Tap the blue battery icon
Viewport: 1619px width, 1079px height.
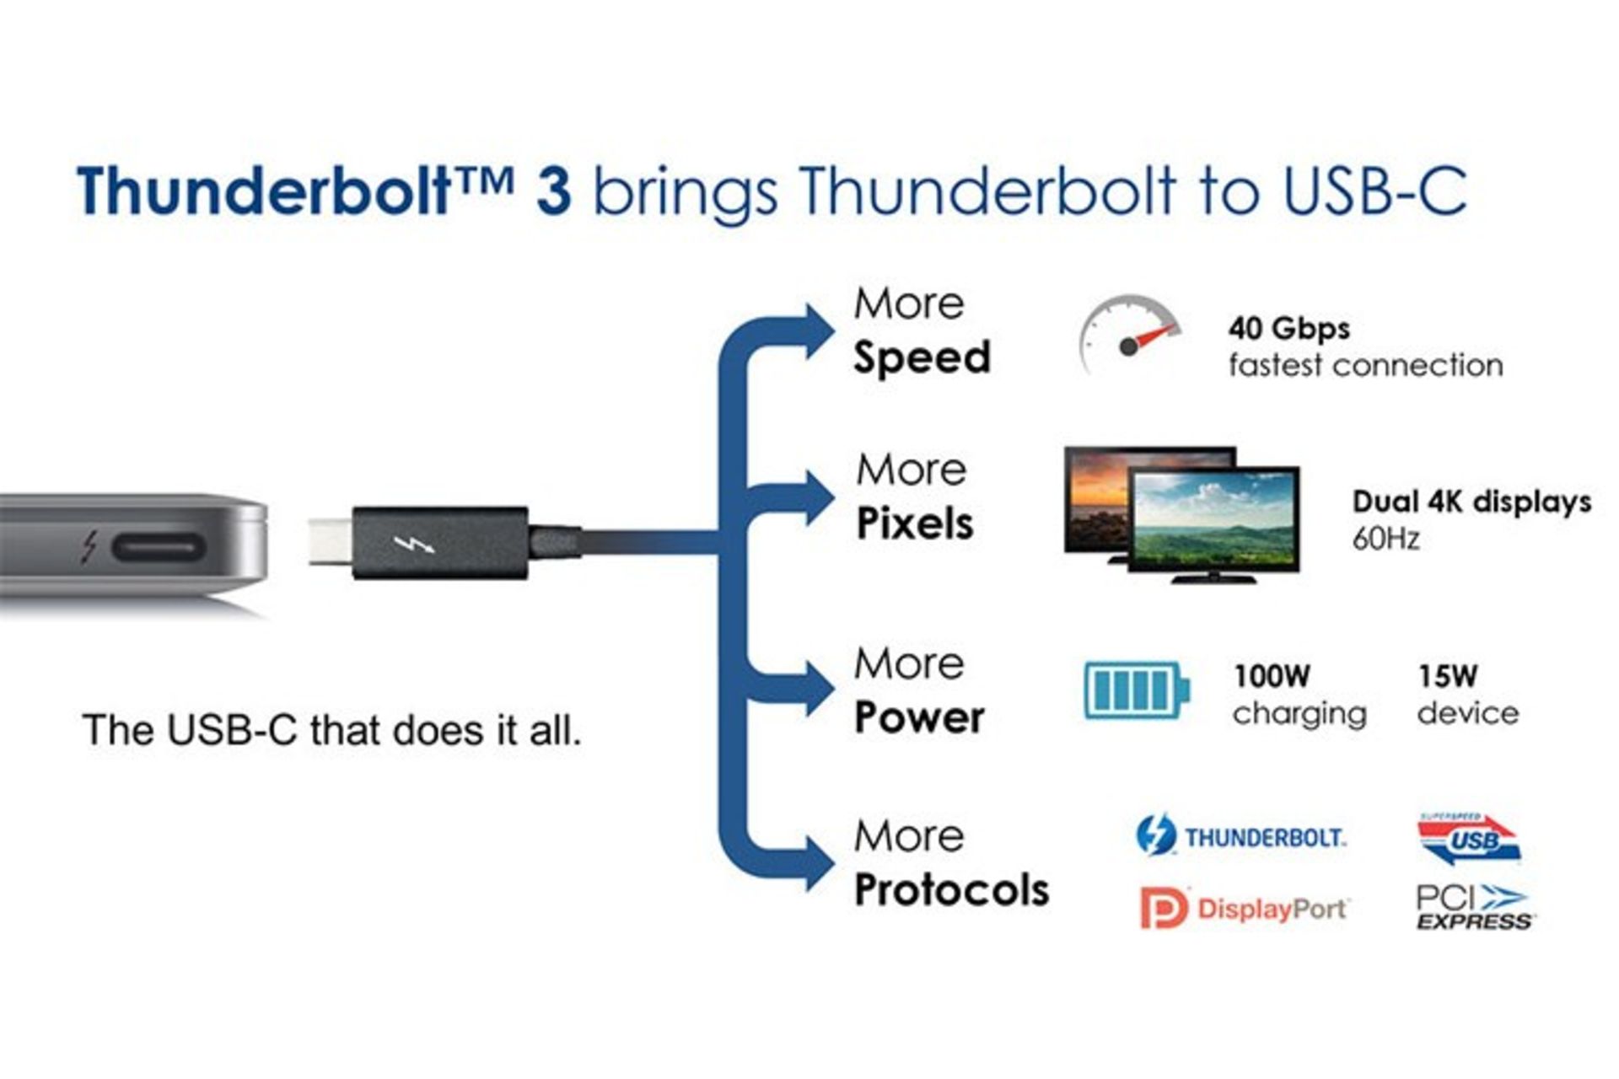[x=1137, y=690]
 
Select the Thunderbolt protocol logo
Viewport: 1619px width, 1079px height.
[x=1240, y=835]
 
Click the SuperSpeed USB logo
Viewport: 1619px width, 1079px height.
[x=1469, y=839]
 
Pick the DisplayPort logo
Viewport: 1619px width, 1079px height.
[x=1244, y=908]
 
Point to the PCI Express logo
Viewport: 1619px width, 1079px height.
[x=1474, y=907]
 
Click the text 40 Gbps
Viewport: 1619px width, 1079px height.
[x=1288, y=328]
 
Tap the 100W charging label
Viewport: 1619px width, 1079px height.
[x=1299, y=695]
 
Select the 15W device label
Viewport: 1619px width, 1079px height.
[x=1467, y=695]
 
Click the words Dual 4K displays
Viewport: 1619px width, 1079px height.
[x=1471, y=502]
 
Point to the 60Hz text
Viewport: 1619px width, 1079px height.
[x=1385, y=539]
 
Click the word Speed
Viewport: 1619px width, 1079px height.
[x=922, y=357]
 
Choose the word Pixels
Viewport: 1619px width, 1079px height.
[x=915, y=523]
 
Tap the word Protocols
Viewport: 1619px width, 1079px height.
[x=951, y=890]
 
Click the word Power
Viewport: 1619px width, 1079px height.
[x=919, y=717]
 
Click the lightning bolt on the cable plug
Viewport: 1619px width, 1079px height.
[x=415, y=545]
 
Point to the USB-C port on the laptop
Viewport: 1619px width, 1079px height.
[x=159, y=548]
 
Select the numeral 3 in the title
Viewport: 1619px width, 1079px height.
[x=553, y=191]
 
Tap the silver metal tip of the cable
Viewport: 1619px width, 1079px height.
[x=330, y=542]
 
